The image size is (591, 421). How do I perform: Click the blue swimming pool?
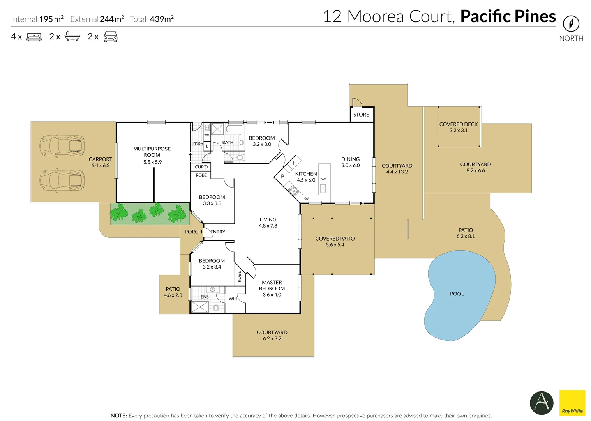(460, 294)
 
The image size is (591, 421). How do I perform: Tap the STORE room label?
(361, 115)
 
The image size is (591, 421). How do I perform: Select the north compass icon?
(571, 24)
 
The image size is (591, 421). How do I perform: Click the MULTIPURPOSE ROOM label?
(152, 152)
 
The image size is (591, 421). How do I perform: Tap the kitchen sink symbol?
(323, 189)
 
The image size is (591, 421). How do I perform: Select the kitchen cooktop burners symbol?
(293, 191)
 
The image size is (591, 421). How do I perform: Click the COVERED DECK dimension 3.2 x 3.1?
(458, 131)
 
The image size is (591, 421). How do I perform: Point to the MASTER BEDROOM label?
(272, 285)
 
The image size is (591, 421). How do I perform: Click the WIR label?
(233, 299)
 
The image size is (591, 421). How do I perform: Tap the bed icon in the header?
(34, 37)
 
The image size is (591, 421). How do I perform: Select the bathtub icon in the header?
(72, 37)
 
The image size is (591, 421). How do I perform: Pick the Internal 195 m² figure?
(51, 19)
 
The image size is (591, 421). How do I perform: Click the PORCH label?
(193, 232)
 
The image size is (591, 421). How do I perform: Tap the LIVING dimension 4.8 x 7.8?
(268, 226)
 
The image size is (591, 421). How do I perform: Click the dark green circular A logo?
(541, 403)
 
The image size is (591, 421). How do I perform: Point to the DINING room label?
(350, 159)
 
